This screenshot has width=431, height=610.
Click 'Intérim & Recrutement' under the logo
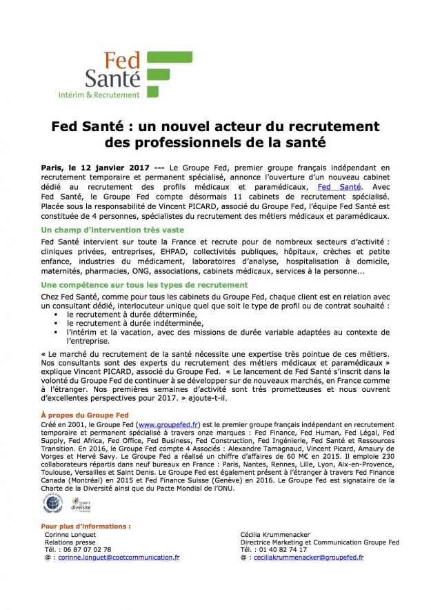click(x=108, y=95)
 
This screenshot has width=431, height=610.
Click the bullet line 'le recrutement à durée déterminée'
click(x=131, y=314)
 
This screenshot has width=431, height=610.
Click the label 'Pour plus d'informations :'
click(x=86, y=526)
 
